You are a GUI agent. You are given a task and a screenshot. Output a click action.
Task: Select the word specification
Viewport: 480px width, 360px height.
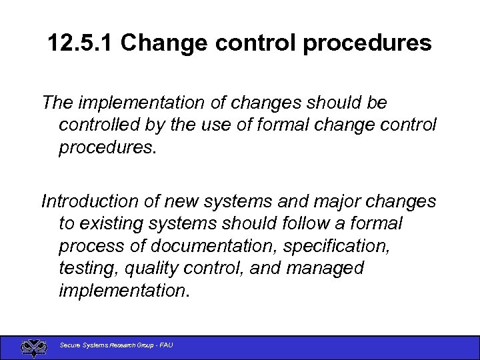(x=335, y=245)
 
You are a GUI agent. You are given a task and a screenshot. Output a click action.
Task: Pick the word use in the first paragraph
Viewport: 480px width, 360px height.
(x=221, y=125)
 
